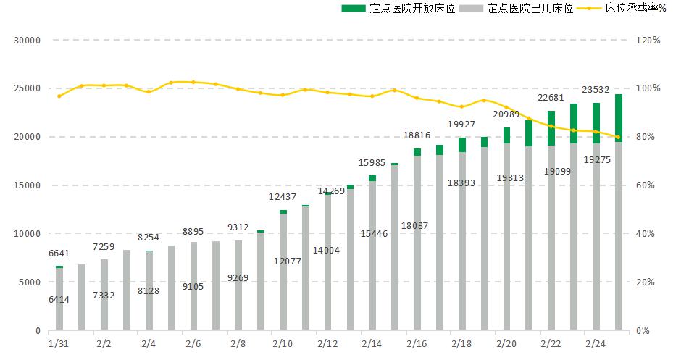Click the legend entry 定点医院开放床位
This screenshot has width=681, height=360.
(x=398, y=8)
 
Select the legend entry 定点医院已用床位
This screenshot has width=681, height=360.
(x=516, y=8)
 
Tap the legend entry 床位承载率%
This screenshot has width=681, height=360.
(x=622, y=8)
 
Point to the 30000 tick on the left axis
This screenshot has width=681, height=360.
(x=27, y=41)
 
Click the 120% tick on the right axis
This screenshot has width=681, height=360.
(x=648, y=41)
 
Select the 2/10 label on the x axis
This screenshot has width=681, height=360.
(x=283, y=343)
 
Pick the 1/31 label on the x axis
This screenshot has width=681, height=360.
(x=59, y=343)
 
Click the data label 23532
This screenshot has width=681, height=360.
(x=596, y=90)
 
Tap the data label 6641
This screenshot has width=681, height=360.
(x=59, y=254)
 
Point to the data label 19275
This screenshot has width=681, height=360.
(x=597, y=160)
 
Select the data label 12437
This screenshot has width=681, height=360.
(x=283, y=197)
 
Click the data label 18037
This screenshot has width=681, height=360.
(x=414, y=226)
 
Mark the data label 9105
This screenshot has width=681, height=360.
(x=193, y=287)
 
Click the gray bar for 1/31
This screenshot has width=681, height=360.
(x=59, y=298)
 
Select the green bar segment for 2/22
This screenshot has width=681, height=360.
(x=551, y=128)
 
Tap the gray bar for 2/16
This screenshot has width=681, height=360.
(x=417, y=243)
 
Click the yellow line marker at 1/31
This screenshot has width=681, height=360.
(x=59, y=96)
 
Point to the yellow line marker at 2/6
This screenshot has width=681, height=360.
(x=193, y=82)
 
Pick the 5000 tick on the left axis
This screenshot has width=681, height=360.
(x=30, y=282)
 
